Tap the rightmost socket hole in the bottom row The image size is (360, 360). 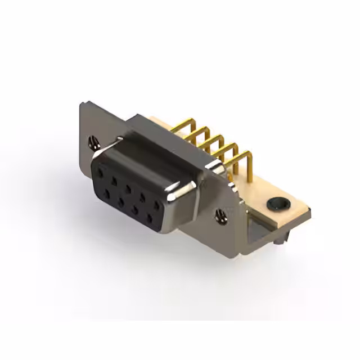tap(150, 216)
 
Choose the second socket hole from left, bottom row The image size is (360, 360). tap(120, 200)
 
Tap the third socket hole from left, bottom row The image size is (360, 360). tap(135, 208)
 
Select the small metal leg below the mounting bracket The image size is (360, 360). tap(280, 240)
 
